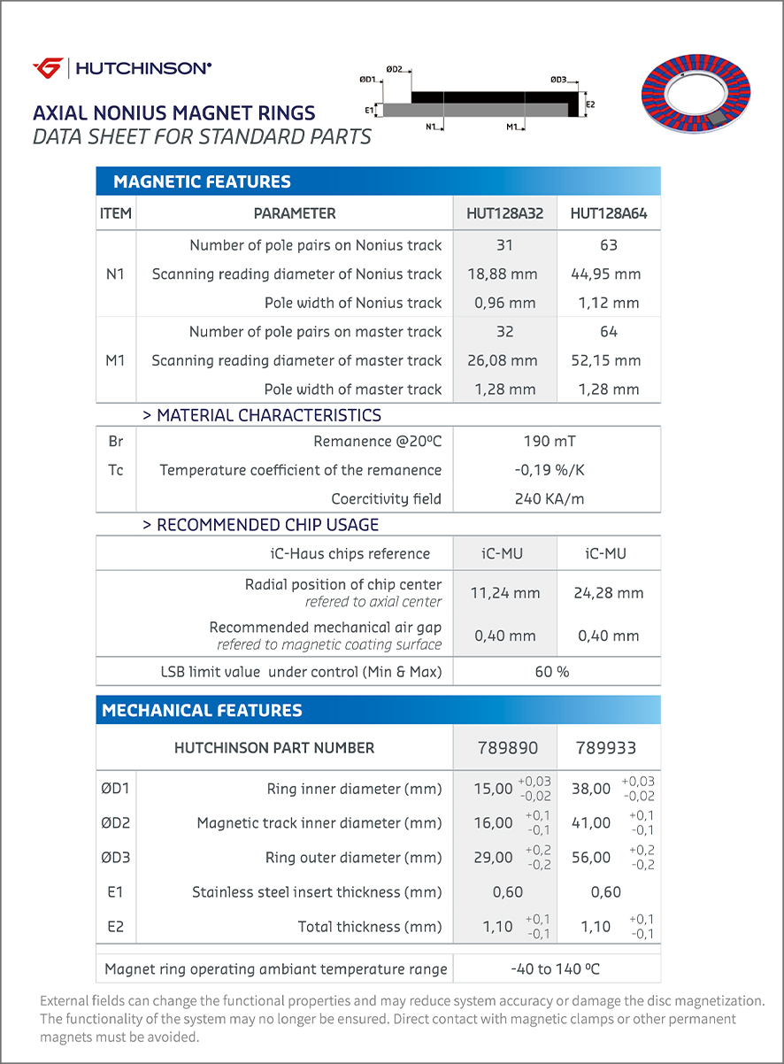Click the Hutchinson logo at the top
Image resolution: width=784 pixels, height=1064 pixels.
(122, 67)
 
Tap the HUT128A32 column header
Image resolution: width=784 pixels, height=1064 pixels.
(505, 213)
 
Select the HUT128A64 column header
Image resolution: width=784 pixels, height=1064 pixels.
(608, 213)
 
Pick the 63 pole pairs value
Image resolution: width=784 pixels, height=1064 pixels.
(608, 245)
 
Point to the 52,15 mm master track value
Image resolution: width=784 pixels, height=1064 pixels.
(608, 360)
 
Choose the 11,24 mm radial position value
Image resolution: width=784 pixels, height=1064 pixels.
(504, 593)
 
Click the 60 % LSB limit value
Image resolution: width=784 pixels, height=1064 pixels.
(552, 672)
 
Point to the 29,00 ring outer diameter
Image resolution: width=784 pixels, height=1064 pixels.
(493, 858)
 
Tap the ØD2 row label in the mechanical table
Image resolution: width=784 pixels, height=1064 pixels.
(116, 823)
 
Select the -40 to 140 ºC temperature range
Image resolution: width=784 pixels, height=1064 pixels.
(555, 969)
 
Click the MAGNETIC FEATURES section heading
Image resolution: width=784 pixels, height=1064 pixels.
(202, 182)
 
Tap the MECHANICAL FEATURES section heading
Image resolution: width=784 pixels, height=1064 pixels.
(202, 710)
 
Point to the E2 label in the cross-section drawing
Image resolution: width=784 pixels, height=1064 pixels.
(590, 104)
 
